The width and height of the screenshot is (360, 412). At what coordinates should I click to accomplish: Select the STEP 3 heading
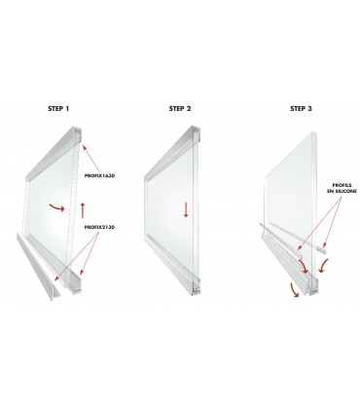[302, 109]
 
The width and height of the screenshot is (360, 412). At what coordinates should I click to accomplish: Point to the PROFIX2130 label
[99, 228]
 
